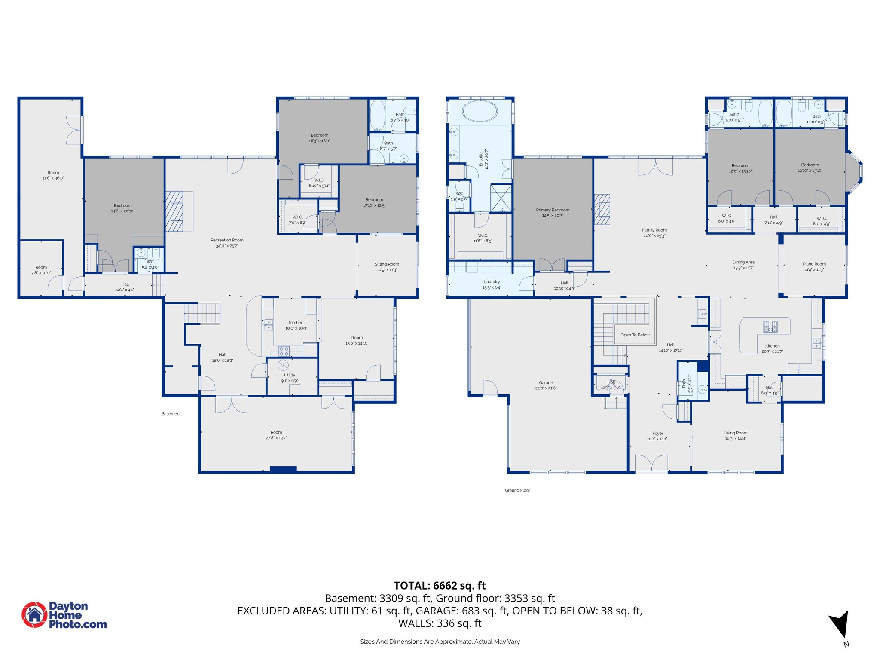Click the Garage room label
coord(546,382)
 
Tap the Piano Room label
coord(814,264)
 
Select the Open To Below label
coord(635,335)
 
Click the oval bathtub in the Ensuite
coord(480,111)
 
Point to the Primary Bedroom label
coord(553,210)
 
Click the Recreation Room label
coord(227,240)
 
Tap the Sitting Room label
coord(387,264)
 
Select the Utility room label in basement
coord(290,375)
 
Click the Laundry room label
coord(492,282)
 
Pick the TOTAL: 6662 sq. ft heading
coord(440,585)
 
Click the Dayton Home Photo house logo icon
coord(34,614)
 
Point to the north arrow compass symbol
coord(840,624)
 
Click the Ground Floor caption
coord(517,490)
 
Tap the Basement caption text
coord(171,414)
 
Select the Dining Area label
coord(743,262)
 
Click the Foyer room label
coord(657,433)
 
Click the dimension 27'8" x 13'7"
coord(276,438)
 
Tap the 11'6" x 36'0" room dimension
coord(53,178)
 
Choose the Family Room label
coord(654,230)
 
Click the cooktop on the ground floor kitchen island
coord(770,327)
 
